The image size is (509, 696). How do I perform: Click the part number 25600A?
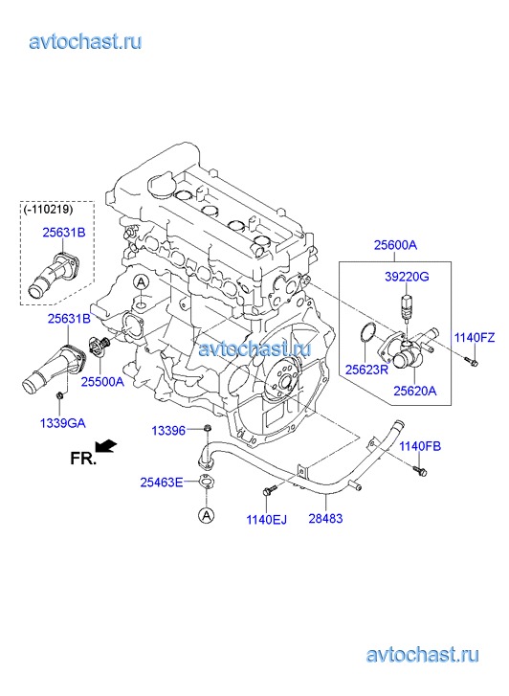tap(395, 244)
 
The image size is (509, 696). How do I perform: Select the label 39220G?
tap(407, 277)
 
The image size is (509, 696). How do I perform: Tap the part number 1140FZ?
tap(474, 338)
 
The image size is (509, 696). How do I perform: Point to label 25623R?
tap(366, 370)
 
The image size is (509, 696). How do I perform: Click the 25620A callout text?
tap(415, 391)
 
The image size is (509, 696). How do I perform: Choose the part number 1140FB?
tap(420, 446)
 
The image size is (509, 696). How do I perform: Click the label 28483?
tap(325, 518)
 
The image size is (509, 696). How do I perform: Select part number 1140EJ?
tap(267, 519)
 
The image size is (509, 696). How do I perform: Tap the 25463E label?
tap(162, 483)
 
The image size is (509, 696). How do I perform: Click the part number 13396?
tap(168, 430)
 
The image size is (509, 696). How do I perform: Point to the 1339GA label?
tap(62, 423)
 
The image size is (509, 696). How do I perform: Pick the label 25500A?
tap(102, 382)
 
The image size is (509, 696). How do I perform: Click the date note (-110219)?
tap(49, 209)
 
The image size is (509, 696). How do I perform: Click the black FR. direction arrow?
tap(106, 446)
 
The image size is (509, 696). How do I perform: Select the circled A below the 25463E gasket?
tap(206, 515)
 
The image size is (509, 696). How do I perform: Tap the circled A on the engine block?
tap(141, 282)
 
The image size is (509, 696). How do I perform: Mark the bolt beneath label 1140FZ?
tap(472, 361)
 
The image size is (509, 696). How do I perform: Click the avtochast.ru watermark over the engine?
tap(254, 348)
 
